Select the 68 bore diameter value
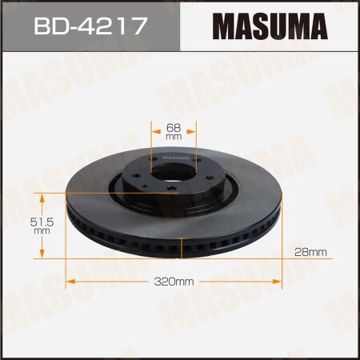point(174,126)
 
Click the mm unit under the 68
point(174,137)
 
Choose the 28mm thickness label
point(310,252)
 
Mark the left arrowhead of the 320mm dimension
point(69,282)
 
